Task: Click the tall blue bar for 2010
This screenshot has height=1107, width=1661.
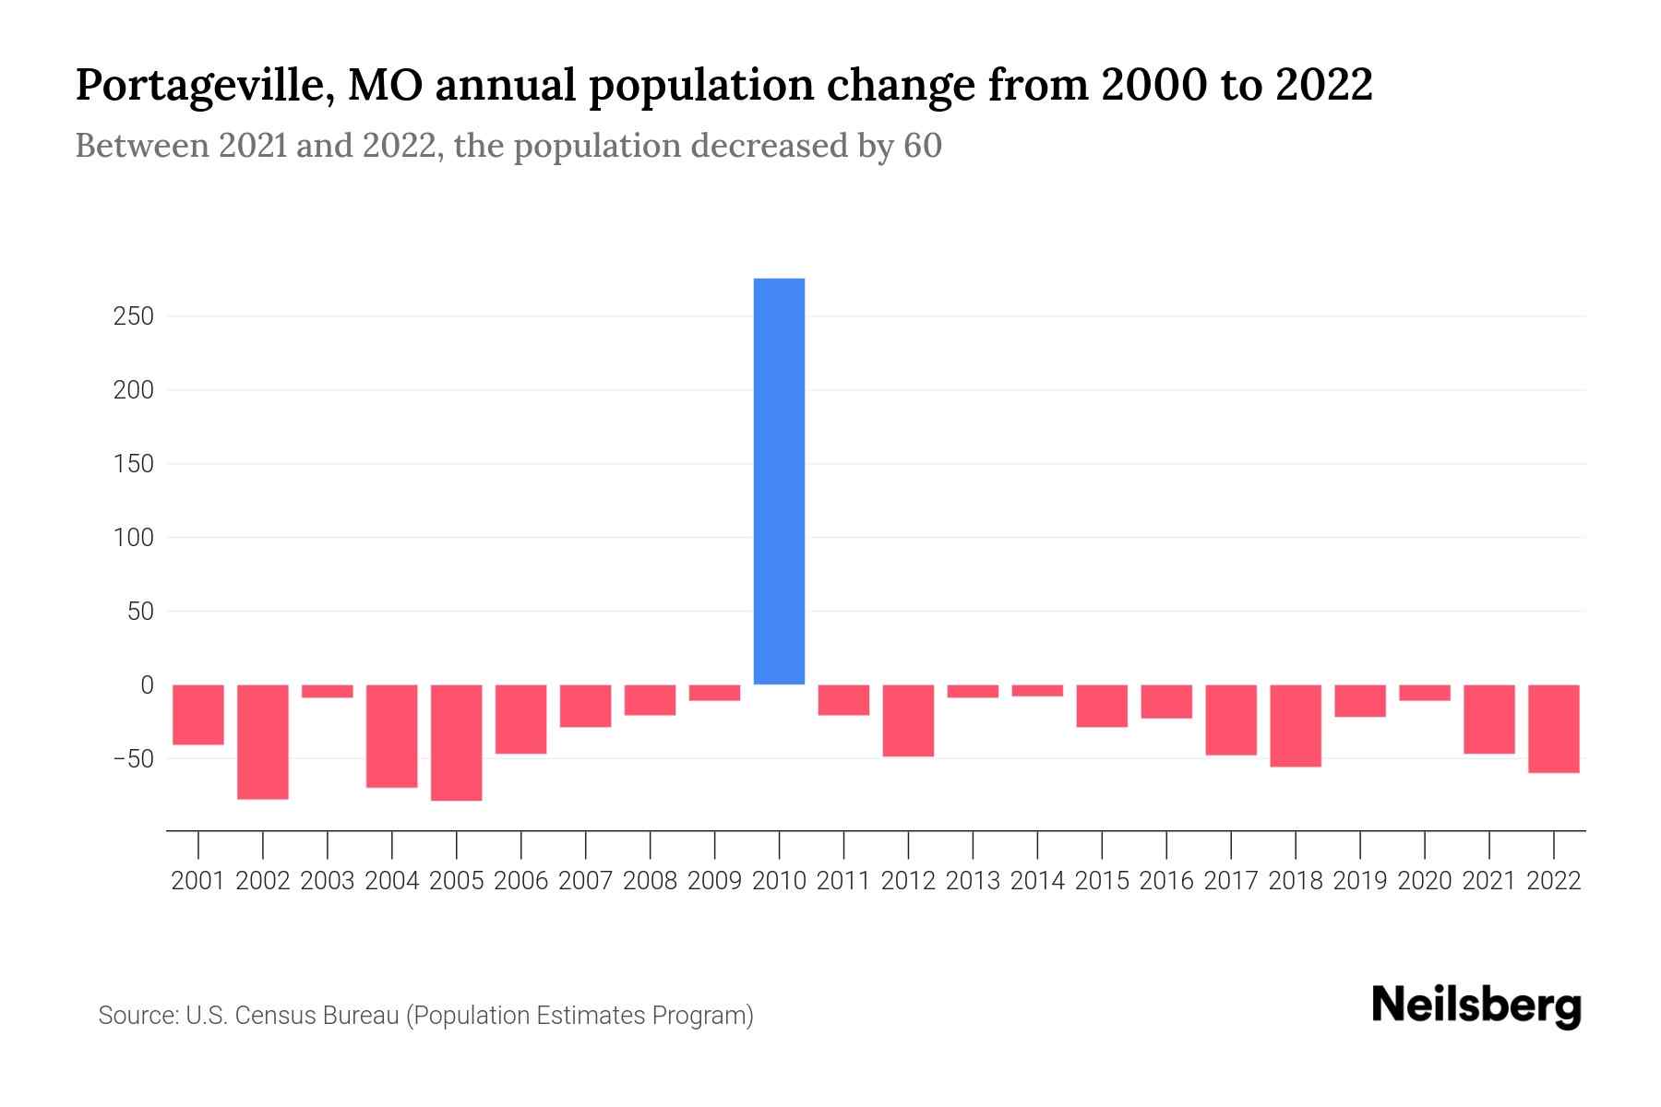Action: click(x=779, y=481)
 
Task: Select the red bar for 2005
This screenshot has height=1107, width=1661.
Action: click(x=457, y=742)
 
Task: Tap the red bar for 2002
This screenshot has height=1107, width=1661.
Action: click(x=263, y=741)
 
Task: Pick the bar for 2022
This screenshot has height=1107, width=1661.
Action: click(x=1554, y=728)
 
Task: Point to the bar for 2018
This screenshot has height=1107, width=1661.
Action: click(x=1296, y=725)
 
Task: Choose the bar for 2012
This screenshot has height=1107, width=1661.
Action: click(x=908, y=720)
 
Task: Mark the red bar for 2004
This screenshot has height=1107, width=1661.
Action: click(x=392, y=735)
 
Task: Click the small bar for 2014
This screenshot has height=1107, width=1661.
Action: click(x=1037, y=690)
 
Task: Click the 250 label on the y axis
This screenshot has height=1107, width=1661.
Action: click(x=134, y=316)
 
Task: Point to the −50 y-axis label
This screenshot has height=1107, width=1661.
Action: click(x=132, y=758)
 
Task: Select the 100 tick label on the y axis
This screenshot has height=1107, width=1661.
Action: click(x=134, y=537)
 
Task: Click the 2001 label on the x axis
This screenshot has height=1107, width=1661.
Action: click(x=198, y=881)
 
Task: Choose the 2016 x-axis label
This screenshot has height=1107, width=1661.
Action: click(x=1166, y=881)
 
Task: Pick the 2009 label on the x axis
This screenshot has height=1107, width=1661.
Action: click(x=714, y=881)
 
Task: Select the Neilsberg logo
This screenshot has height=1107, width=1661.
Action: click(x=1476, y=1006)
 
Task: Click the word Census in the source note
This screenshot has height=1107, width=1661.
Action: click(x=273, y=1016)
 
